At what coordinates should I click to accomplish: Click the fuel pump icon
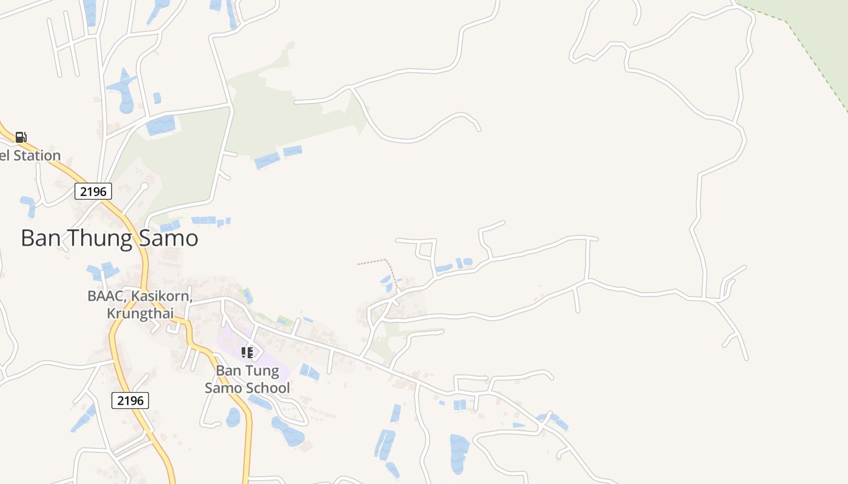click(21, 137)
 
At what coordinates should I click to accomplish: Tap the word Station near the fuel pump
click(37, 155)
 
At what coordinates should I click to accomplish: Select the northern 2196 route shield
click(93, 192)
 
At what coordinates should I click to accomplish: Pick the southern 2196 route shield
click(130, 400)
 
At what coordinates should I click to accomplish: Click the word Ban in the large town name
click(41, 238)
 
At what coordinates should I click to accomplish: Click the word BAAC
click(107, 296)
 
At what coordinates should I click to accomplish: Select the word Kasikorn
click(164, 296)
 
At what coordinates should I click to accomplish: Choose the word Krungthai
click(140, 313)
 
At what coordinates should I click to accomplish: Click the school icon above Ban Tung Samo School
click(247, 352)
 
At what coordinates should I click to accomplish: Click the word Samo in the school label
click(222, 388)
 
